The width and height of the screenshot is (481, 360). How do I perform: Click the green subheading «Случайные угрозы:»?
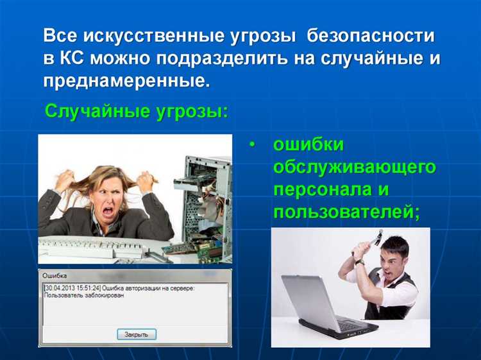(x=136, y=112)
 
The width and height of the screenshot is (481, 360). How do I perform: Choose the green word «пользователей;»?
(x=347, y=213)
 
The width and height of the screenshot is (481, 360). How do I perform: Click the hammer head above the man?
(x=379, y=235)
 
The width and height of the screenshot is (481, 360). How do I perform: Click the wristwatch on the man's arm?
(x=360, y=262)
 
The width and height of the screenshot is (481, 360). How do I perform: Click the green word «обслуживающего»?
(x=354, y=167)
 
